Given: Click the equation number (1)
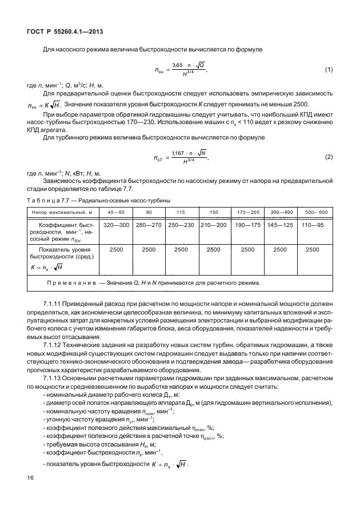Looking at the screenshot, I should coord(329,70).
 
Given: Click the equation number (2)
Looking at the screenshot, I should coord(329,157).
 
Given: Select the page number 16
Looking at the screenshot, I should coord(30,493).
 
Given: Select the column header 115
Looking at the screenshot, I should coord(181,212).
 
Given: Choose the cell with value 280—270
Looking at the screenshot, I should coord(149,225).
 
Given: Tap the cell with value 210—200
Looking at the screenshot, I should coord(214,225).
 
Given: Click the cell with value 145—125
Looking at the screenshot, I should coord(281,225).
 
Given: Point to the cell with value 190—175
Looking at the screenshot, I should coord(247,225).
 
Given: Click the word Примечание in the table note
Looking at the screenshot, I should coord(73,282).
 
